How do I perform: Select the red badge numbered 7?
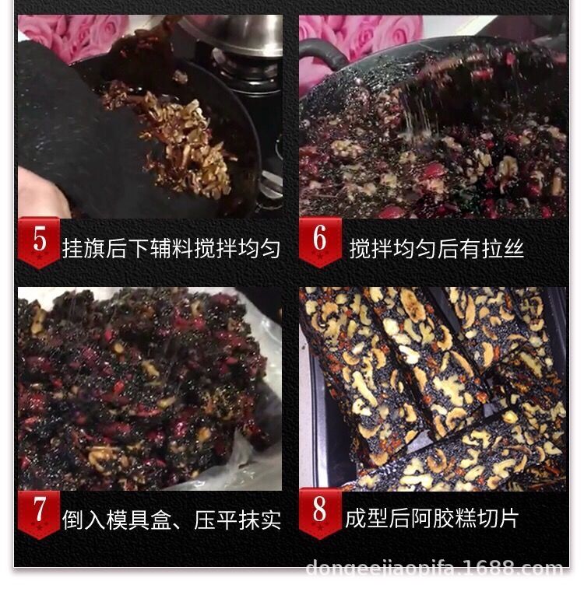[39, 513]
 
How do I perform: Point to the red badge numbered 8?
[320, 513]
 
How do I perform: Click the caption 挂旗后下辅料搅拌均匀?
[171, 249]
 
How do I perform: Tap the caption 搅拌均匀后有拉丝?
[436, 249]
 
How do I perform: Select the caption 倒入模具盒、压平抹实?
[171, 520]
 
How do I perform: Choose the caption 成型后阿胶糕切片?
[431, 519]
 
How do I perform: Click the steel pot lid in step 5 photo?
[234, 35]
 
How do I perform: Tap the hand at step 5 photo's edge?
[39, 194]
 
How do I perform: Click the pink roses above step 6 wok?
[358, 35]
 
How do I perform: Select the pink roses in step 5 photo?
[70, 35]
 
